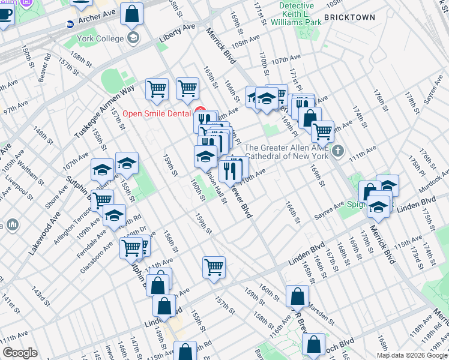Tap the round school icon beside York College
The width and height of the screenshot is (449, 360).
point(133,40)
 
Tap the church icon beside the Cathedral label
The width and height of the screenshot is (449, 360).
point(338,151)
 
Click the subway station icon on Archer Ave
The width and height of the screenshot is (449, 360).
point(70,25)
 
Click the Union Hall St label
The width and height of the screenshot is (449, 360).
point(215,187)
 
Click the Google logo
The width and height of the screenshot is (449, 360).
point(20,353)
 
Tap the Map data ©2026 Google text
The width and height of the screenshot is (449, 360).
point(411,355)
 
